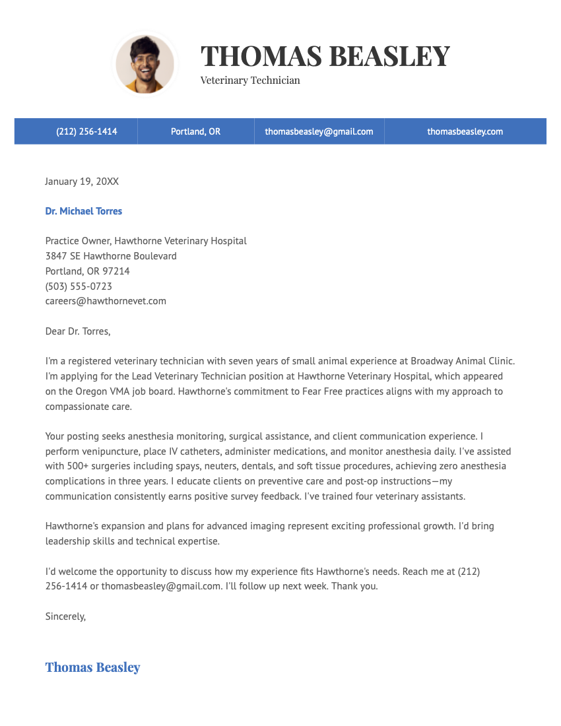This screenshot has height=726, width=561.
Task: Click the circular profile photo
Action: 145,64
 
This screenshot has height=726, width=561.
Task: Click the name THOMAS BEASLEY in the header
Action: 325,56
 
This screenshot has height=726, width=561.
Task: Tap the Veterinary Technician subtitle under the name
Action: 250,81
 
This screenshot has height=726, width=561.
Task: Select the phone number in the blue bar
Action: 86,131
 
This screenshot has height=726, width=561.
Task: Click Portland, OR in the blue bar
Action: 195,131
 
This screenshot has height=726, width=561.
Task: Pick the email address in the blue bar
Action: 319,131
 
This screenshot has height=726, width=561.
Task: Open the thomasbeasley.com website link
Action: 465,131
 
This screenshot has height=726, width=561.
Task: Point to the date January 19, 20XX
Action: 82,181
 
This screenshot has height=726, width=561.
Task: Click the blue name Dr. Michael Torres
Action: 84,211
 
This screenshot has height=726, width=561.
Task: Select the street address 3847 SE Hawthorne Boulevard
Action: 111,256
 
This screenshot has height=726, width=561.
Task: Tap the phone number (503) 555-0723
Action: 79,286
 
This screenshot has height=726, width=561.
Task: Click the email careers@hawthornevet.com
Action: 106,301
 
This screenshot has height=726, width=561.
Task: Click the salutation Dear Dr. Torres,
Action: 78,331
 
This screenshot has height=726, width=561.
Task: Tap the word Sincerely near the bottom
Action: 65,616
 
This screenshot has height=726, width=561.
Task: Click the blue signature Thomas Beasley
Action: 92,667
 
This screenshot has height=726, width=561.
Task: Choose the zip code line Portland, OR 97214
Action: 87,271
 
